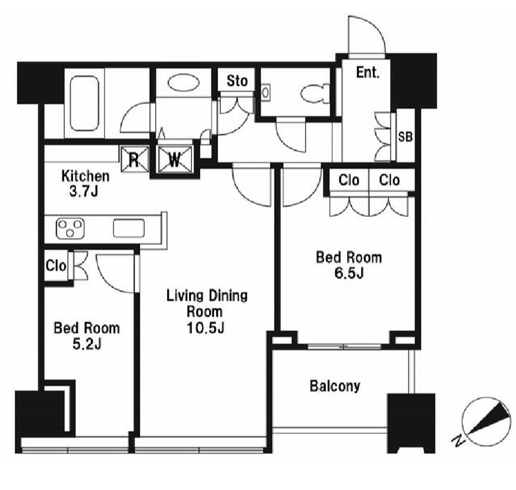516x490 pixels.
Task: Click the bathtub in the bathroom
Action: [x=84, y=103]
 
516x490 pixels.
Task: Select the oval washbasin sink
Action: [x=183, y=83]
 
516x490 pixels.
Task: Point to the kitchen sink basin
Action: [x=128, y=228]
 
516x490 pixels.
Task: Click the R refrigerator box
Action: [x=135, y=159]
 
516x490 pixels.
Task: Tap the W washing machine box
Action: [x=175, y=159]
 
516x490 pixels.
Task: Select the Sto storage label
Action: [x=237, y=81]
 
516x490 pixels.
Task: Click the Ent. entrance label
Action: [x=367, y=73]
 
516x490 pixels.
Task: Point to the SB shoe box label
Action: [x=405, y=137]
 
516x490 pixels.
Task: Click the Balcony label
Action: [x=335, y=386]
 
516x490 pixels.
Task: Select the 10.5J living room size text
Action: [x=206, y=328]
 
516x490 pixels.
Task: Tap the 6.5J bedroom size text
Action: [x=349, y=273]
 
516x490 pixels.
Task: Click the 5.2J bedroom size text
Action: [x=87, y=344]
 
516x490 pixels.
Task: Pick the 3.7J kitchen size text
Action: [x=84, y=192]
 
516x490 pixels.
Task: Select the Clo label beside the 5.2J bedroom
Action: [x=56, y=266]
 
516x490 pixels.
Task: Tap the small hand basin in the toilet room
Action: [x=266, y=92]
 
